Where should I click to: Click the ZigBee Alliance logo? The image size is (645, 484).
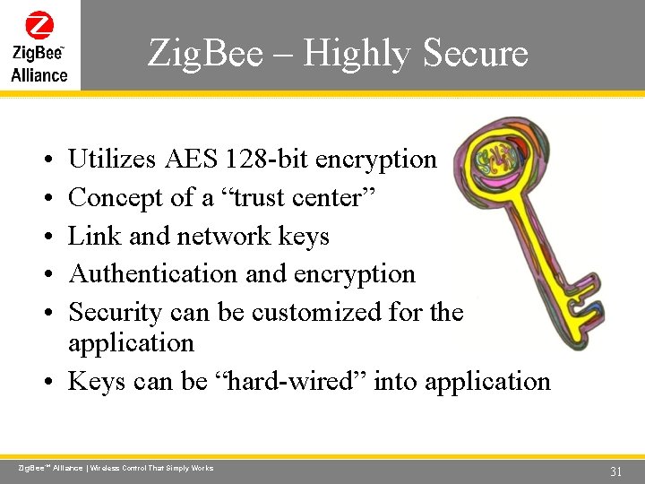pos(39,46)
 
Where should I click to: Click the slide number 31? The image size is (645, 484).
pos(615,471)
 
